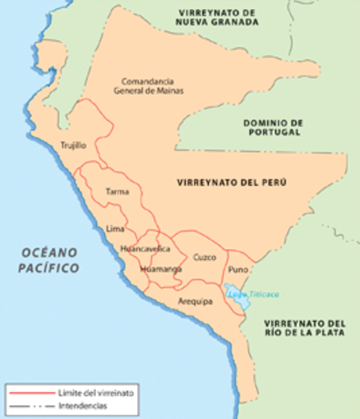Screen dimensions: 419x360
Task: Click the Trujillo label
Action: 73,147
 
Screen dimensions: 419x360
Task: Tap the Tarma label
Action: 115,190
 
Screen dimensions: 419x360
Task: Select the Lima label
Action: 114,228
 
